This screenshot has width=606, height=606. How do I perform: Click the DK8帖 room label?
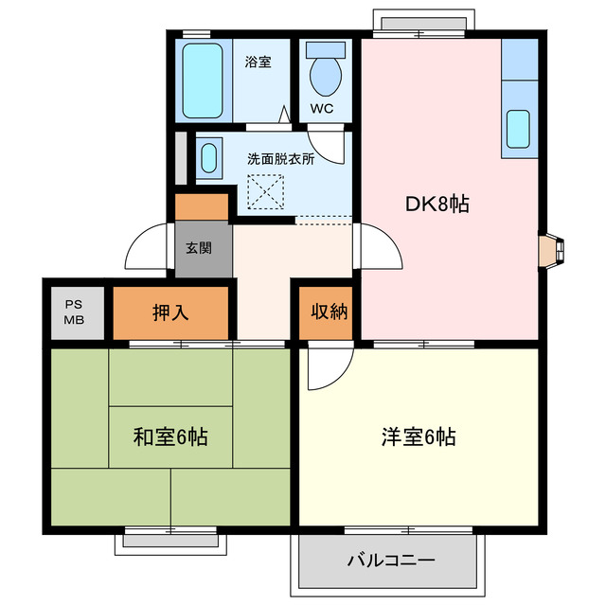[x=438, y=204]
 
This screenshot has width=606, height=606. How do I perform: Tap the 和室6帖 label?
[x=169, y=437]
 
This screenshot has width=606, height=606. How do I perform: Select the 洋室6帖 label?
[x=419, y=437]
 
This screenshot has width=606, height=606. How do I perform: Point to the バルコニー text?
[x=390, y=560]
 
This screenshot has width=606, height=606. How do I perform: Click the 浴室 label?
[x=258, y=62]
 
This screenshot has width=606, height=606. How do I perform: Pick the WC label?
[x=322, y=107]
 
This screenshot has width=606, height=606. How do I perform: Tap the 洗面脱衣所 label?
[x=281, y=158]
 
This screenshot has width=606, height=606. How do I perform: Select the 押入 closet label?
[x=170, y=312]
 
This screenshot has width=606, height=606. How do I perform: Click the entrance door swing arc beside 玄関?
[x=149, y=248]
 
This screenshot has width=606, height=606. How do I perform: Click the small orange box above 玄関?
[x=202, y=205]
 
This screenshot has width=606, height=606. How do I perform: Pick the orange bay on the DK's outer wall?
[x=550, y=250]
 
